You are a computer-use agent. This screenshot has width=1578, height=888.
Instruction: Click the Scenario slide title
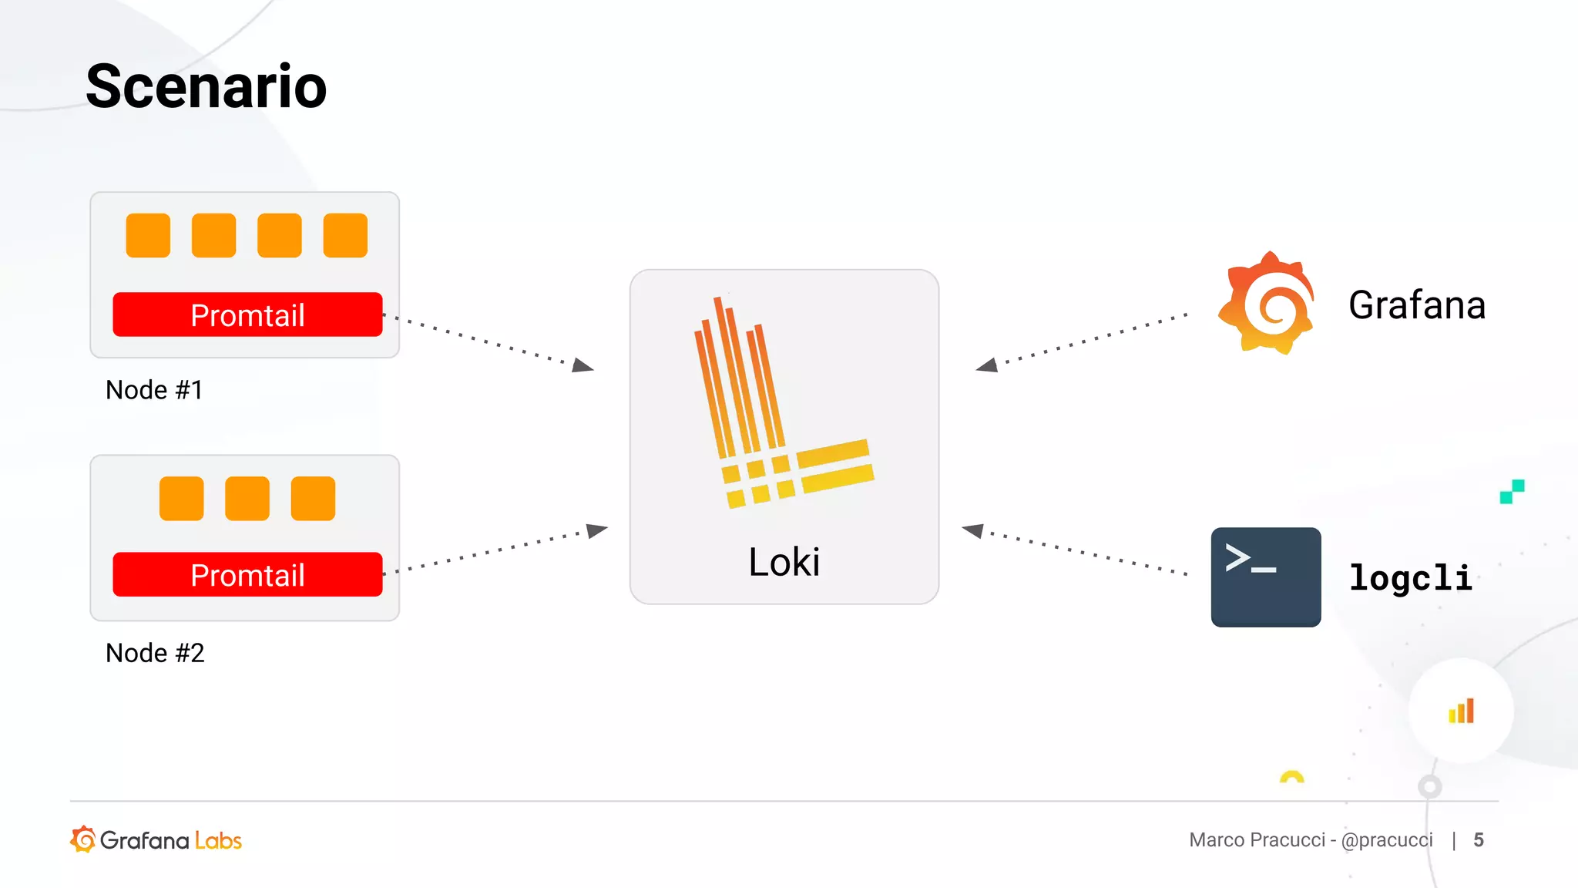[206, 86]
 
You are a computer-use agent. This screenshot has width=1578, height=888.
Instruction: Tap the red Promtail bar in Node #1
[247, 314]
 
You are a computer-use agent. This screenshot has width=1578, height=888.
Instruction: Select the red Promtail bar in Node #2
[247, 574]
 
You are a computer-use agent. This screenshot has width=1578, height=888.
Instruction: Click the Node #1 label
[154, 390]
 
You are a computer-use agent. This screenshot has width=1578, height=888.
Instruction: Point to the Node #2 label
[155, 653]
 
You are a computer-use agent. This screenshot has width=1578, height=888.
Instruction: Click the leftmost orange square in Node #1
[148, 235]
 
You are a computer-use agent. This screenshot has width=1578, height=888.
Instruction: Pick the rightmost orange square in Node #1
[345, 235]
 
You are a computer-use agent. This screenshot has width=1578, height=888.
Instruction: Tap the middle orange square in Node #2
[247, 498]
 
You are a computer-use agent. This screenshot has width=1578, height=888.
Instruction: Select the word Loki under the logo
[784, 562]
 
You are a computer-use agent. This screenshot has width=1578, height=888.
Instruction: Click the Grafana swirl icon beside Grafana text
[1266, 304]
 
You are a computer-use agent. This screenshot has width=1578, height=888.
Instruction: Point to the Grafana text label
[1416, 305]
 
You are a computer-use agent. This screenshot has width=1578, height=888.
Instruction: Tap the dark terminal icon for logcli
[1265, 577]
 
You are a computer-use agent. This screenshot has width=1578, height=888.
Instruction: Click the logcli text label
[1410, 578]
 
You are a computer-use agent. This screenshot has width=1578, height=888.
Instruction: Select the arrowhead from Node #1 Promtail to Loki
[583, 365]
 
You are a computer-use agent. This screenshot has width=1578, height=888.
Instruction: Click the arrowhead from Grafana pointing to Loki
[987, 365]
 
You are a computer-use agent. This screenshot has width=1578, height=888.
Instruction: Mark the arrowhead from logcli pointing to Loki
[973, 530]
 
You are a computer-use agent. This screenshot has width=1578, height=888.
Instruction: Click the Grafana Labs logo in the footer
[156, 839]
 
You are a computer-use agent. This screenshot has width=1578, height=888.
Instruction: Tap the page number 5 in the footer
[1478, 839]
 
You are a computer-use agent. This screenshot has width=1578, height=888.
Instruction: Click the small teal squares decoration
[1512, 491]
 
